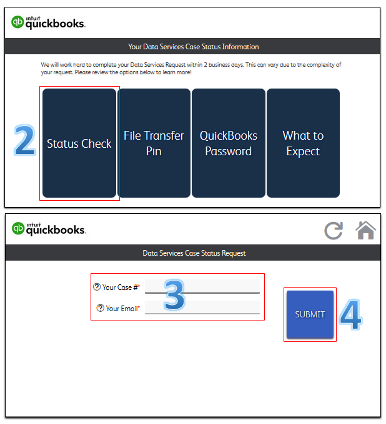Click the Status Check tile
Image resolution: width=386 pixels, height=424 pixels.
point(79,143)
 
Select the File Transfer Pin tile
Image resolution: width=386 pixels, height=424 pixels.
point(154,143)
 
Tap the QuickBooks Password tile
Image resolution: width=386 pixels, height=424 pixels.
point(229,143)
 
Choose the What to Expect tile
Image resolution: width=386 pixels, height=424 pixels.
point(303,143)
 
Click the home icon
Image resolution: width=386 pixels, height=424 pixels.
point(365,230)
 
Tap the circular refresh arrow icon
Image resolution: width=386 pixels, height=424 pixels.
point(334,231)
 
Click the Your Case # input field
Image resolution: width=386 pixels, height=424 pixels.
point(202,286)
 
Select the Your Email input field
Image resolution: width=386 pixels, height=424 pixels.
point(202,307)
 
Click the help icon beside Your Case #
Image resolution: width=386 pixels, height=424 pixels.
point(97,287)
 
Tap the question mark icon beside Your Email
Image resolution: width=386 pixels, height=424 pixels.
point(100,308)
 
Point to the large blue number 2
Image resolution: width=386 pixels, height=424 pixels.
point(24,140)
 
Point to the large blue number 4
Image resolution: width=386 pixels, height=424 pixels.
point(350,315)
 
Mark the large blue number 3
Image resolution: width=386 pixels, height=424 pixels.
point(175,295)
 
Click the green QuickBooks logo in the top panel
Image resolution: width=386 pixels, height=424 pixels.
point(17,22)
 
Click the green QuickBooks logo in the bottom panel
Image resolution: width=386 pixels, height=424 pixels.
point(18,228)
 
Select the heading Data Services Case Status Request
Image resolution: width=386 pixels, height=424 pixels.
point(194,253)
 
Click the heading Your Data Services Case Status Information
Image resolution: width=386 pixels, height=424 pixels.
point(194,47)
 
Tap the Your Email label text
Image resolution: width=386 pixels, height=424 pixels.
point(122,309)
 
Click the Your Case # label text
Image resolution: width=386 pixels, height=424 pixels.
point(121,287)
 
